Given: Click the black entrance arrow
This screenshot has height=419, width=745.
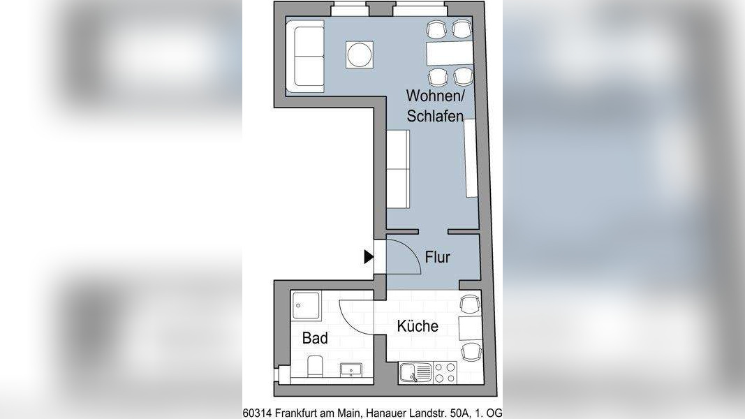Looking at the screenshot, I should tap(369, 257).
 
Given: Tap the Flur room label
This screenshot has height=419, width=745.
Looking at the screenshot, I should tap(438, 258).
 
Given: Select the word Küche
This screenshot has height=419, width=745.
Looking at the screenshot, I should tap(418, 326).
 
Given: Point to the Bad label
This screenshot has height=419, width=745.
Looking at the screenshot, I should tap(315, 339).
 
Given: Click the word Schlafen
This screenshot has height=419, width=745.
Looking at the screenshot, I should tap(435, 117).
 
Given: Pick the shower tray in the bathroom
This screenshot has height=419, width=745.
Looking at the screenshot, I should tap(306, 305).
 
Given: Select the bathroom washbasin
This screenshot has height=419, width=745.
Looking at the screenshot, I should tap(349, 369).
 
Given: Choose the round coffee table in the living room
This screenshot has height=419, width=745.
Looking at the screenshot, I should tap(360, 54).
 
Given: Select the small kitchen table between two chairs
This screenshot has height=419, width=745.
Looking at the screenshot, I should tap(469, 327).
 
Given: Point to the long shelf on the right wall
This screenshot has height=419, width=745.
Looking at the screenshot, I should tap(470, 158).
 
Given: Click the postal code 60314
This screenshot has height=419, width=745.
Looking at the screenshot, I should tap(258, 413).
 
